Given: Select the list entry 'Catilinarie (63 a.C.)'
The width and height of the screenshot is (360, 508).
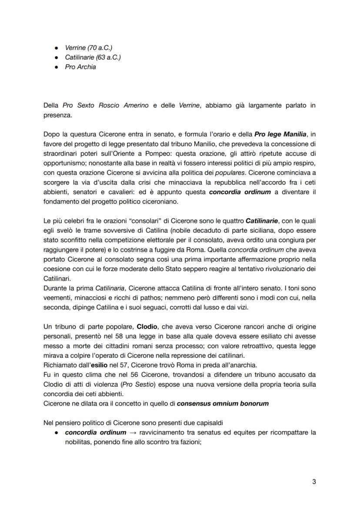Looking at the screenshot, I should [x=93, y=57].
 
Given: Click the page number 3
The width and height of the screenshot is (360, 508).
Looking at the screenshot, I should [x=314, y=481].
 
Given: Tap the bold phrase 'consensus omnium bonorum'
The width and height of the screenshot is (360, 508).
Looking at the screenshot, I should [x=223, y=403].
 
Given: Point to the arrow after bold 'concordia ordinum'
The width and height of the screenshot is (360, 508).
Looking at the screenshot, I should [x=133, y=433].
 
